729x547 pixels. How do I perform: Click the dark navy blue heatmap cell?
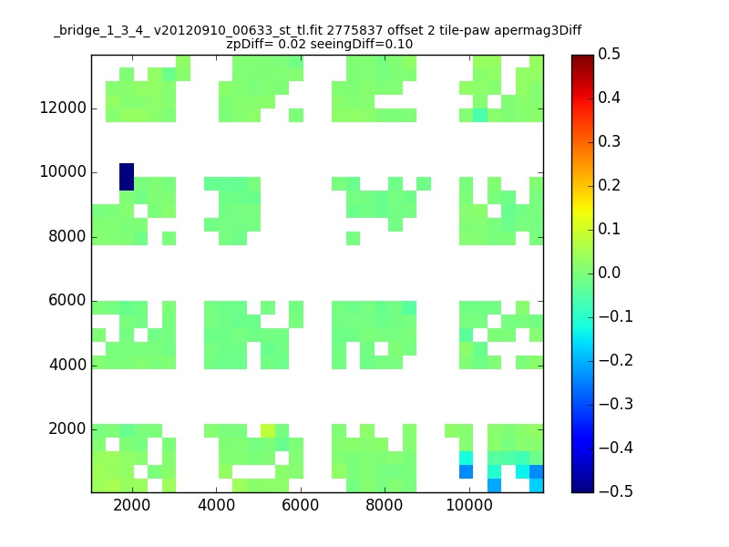click(127, 177)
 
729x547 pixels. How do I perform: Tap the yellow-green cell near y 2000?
click(268, 430)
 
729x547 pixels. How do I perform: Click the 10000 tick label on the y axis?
click(63, 171)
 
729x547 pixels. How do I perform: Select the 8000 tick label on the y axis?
click(67, 236)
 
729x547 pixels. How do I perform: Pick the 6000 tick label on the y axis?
click(67, 301)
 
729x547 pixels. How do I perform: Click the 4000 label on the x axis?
click(216, 505)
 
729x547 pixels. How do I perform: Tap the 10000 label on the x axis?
click(469, 505)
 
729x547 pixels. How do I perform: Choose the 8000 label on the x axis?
click(385, 505)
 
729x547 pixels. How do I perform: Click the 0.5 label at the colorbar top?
click(609, 54)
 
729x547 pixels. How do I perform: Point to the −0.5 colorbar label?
click(616, 491)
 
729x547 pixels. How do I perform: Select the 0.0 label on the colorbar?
click(609, 273)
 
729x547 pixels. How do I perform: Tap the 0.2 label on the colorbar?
click(609, 185)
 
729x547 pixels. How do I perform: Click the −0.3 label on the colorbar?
click(616, 404)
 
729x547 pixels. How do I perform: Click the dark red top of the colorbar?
click(582, 59)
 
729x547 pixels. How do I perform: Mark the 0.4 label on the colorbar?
click(609, 98)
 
